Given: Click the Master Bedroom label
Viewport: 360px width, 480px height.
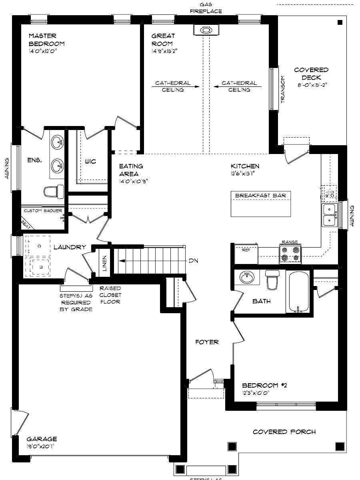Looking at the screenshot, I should pos(46,40).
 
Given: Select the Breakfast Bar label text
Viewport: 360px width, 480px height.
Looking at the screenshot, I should pos(260,195).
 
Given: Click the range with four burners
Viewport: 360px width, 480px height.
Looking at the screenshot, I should pos(290,254).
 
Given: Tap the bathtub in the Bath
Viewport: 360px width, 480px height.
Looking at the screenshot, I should pos(297,292).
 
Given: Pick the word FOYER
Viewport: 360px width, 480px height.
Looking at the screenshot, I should pos(207,342).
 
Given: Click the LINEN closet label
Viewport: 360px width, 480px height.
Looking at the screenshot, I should pos(104,264).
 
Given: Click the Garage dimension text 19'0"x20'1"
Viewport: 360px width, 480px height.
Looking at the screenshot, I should pos(40,446).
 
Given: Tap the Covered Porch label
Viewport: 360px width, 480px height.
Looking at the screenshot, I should pos(284,432).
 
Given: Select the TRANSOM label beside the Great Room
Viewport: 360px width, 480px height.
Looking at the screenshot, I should pos(283,90).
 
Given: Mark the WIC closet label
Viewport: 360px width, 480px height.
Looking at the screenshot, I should pos(90,162).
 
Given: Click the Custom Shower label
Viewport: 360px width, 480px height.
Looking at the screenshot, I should pos(43,210).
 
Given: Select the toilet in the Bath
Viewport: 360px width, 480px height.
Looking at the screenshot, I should pos(273,280).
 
